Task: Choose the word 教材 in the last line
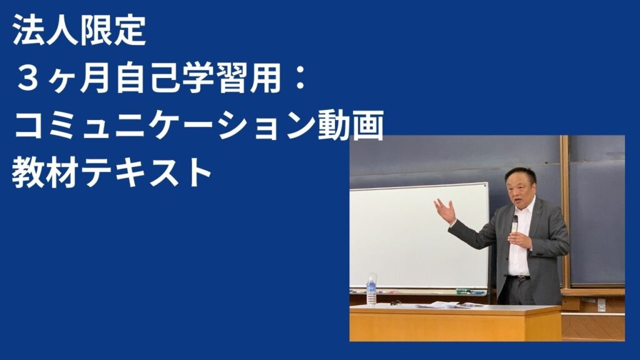pos(46,172)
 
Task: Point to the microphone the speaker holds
pos(515,224)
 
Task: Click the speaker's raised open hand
pos(445,210)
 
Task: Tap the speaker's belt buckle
pos(521,278)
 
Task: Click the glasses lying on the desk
pos(396,303)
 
